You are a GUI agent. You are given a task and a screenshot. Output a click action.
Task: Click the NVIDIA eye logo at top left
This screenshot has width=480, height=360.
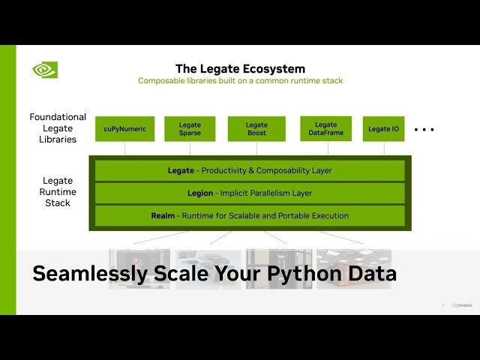[x=45, y=70]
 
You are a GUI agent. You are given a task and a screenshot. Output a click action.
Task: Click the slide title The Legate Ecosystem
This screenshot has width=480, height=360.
[x=240, y=68]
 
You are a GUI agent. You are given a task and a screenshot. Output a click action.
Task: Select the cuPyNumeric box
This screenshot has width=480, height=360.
[x=125, y=129]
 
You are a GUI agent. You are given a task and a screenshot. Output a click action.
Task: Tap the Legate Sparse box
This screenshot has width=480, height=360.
[x=190, y=129]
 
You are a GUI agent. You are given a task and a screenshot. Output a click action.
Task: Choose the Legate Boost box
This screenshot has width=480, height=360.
[x=256, y=129]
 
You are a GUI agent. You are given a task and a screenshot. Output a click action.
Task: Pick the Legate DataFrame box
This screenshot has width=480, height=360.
[x=325, y=129]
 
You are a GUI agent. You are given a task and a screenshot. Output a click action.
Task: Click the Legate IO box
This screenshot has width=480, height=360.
[x=383, y=129]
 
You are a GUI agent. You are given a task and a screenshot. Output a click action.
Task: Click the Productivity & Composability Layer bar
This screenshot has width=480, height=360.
[x=250, y=170]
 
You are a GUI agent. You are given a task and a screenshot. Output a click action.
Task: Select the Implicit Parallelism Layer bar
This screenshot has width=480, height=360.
[x=250, y=193]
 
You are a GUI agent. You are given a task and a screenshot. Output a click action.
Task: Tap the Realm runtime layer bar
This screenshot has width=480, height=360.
[x=250, y=215]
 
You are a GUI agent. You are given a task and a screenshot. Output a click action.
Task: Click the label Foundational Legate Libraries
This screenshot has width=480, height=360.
[x=58, y=128]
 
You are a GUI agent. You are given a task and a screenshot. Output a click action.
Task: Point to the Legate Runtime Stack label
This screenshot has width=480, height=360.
[x=58, y=191]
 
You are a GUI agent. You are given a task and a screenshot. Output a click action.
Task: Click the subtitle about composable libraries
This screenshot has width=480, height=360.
[x=240, y=81]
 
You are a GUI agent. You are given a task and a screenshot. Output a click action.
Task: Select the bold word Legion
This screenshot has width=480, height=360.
[x=200, y=193]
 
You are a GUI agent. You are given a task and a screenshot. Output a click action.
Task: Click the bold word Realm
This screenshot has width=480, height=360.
[x=163, y=215]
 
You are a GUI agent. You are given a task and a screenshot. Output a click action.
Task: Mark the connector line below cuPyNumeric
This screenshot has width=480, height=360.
[x=125, y=148]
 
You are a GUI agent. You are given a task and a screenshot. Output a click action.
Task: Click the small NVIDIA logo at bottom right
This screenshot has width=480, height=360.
[x=462, y=305]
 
